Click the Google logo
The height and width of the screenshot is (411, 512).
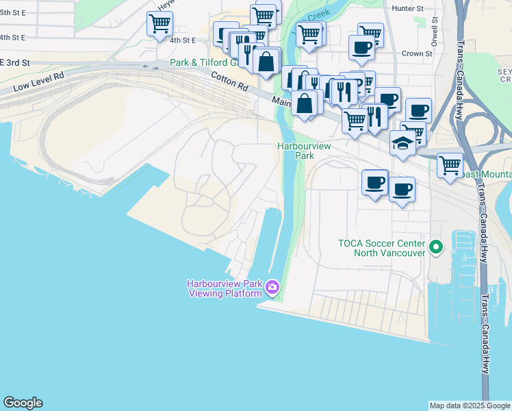coord(23,403)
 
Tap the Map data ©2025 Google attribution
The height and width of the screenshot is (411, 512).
coord(470,406)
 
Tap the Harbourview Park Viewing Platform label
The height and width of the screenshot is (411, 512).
coord(225,288)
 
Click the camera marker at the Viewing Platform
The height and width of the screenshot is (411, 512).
coord(272,287)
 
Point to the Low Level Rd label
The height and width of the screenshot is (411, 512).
coord(38,82)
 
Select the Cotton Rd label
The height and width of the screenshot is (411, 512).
coord(229,80)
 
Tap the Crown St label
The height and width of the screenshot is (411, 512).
coord(417,53)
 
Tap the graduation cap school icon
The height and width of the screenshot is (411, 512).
coord(402,143)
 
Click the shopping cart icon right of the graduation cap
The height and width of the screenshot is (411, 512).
coord(450,164)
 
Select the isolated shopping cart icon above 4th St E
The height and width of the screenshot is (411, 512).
coord(159,24)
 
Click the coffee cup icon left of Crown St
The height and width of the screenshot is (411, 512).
coord(361,46)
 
